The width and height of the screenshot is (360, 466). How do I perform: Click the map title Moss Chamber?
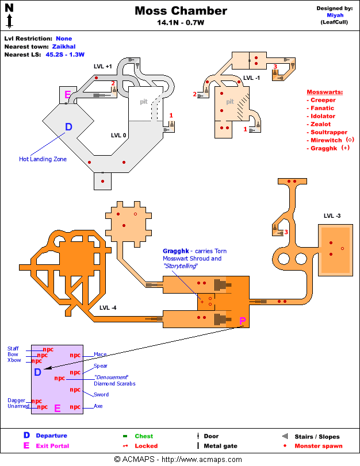coord(181,11)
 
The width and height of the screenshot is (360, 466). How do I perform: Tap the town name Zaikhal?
coord(63,47)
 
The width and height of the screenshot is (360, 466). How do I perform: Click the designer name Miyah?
coord(335,16)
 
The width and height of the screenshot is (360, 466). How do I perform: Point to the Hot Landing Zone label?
coord(43,159)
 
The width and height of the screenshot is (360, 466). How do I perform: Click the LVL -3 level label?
coord(332,216)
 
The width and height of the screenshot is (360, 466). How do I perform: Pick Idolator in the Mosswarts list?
coord(323,116)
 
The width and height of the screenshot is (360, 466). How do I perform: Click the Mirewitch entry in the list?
coord(326,140)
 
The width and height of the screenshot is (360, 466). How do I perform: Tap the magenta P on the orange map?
coord(242,321)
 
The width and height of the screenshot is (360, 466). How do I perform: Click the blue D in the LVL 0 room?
coord(68,127)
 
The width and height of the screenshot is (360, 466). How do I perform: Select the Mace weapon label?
coord(100,355)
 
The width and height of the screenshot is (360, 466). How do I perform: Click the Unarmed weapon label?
coord(18,406)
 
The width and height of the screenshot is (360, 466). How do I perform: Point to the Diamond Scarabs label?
coord(114,383)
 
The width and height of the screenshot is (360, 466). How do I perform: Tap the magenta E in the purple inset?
coord(57,409)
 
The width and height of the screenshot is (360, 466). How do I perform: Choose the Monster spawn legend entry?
coord(318,446)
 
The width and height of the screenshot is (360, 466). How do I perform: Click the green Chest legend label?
coord(144,436)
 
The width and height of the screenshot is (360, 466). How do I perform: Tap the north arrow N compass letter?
coord(9,9)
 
